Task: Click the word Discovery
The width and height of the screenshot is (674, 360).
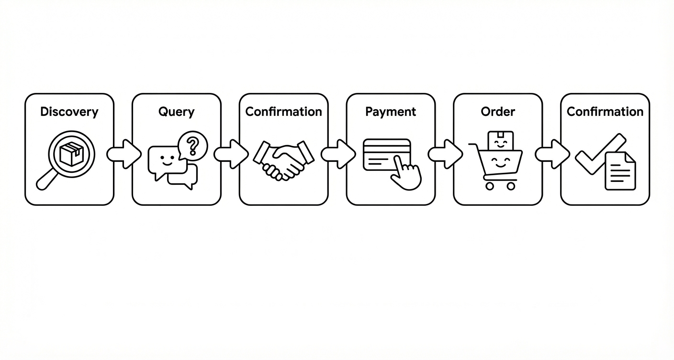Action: pos(69,112)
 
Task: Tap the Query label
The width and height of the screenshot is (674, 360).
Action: pos(176,112)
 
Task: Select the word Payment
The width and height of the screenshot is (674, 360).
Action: pos(391,112)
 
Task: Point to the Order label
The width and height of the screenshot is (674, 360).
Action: pos(498,112)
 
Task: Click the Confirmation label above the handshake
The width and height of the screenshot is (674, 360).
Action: pos(283,112)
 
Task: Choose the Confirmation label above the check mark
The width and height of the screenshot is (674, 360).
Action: pos(605,112)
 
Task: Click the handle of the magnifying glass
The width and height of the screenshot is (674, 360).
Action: pos(46,180)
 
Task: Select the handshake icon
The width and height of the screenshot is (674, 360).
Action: pos(283,159)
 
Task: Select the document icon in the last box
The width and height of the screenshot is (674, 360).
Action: pos(620,171)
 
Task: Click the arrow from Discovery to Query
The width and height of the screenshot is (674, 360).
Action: pos(124,154)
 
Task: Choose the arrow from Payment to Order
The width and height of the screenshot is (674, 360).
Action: pos(445,154)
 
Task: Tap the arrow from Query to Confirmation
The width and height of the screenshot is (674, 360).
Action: pos(231,154)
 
